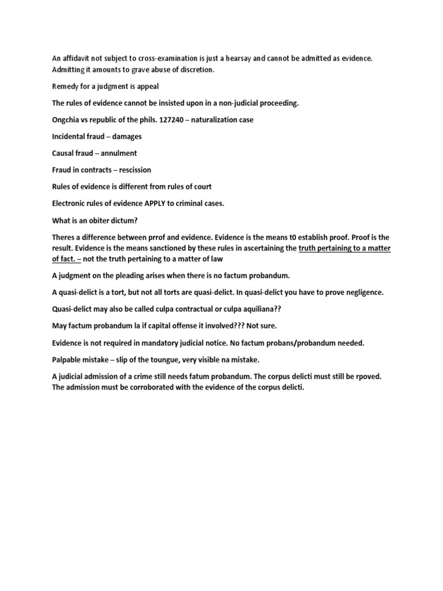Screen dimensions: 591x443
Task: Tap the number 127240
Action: [172, 120]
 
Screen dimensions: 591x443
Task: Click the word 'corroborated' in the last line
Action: [159, 387]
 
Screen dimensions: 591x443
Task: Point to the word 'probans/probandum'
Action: [304, 343]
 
